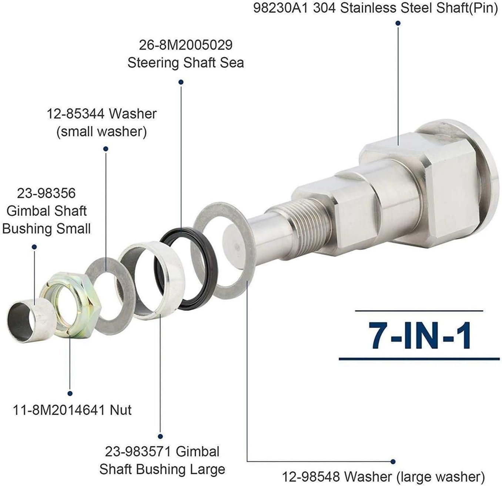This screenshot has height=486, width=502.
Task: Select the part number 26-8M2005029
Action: [x=185, y=45]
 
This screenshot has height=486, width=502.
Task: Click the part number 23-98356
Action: [x=46, y=193]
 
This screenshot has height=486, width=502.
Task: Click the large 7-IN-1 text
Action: [x=420, y=335]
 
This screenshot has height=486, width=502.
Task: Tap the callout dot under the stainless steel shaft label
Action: [x=398, y=23]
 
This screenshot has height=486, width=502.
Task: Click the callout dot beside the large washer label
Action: [x=393, y=462]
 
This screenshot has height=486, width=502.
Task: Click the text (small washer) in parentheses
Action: [x=101, y=132]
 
